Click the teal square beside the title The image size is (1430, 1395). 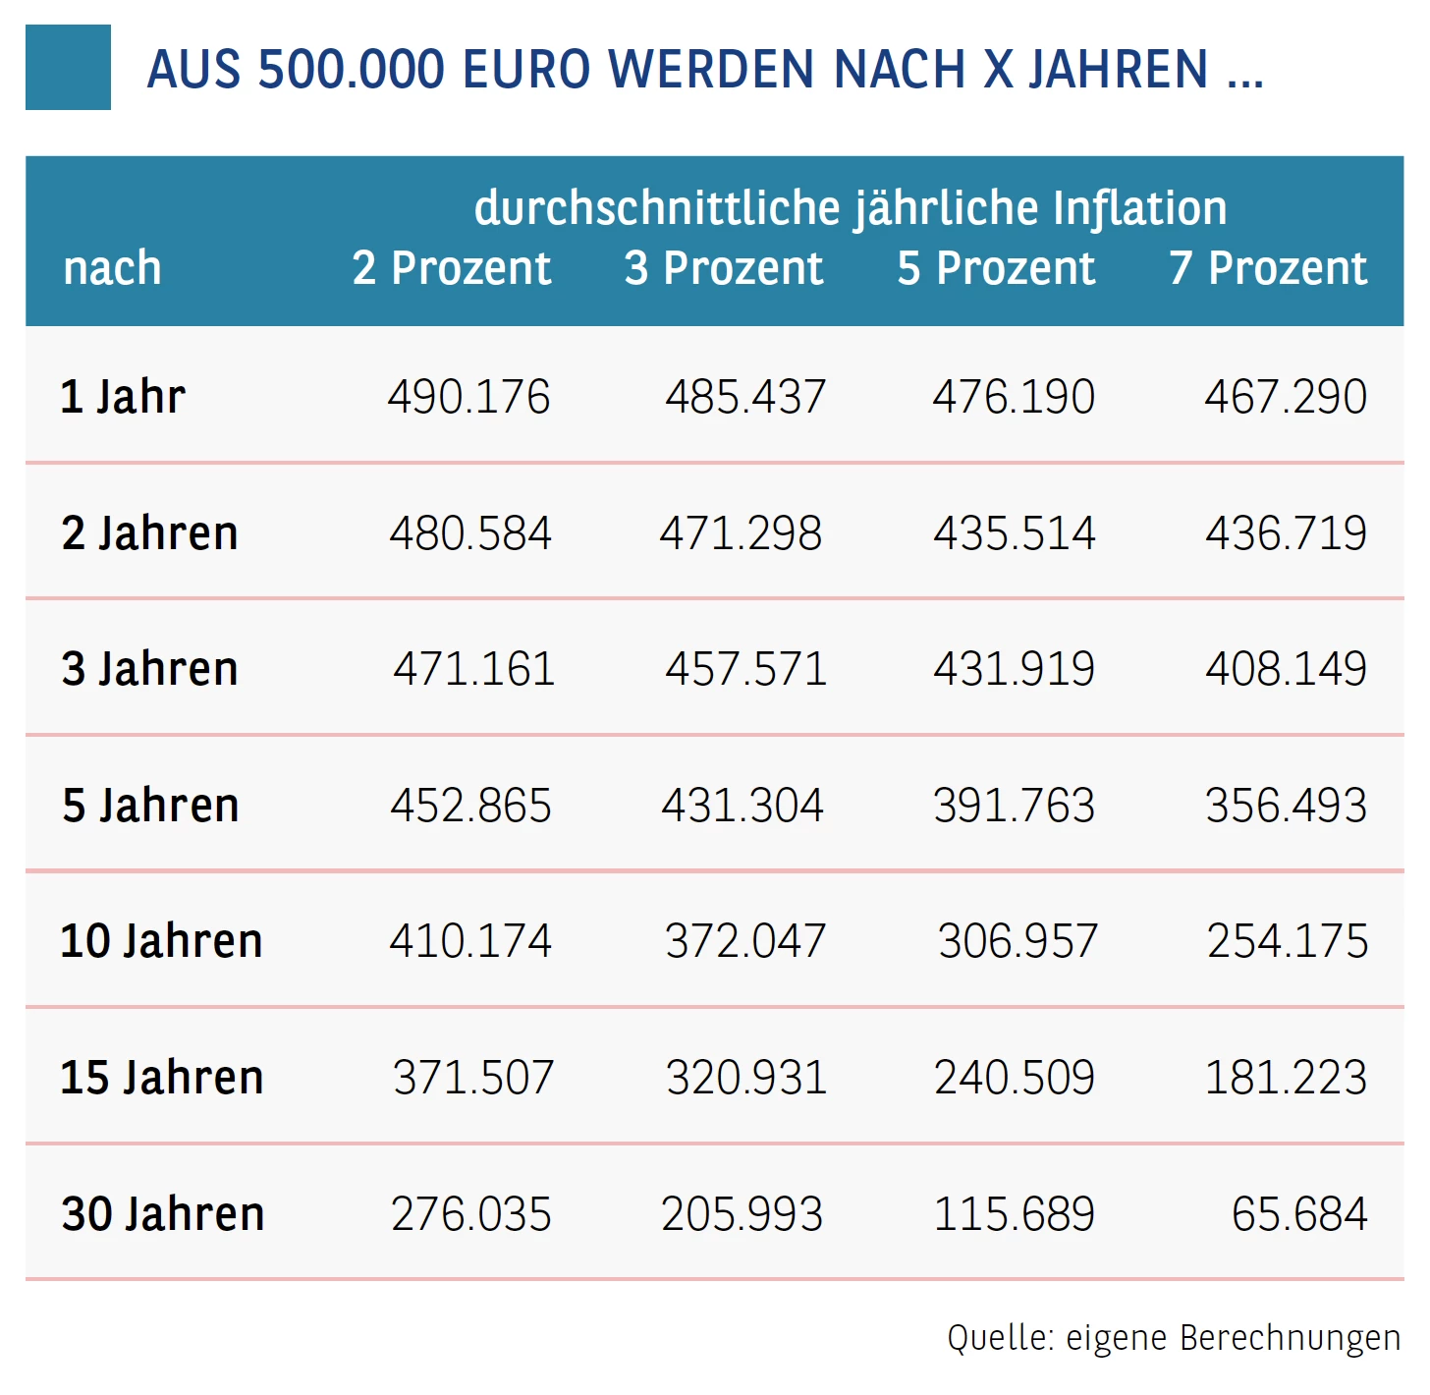[x=68, y=68]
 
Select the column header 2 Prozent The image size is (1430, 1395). [x=452, y=268]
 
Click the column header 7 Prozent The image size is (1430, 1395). [x=1268, y=268]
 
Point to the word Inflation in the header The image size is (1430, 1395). [x=1139, y=208]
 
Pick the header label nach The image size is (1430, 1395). [x=112, y=268]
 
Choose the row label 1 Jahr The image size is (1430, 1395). [x=123, y=397]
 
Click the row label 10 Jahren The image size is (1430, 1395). [x=162, y=941]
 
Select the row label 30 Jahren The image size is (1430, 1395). [x=163, y=1214]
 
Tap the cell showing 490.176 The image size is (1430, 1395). [x=468, y=397]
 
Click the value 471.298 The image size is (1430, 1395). [x=741, y=533]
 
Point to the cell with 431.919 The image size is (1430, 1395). [x=1014, y=669]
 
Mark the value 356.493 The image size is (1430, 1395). [x=1286, y=806]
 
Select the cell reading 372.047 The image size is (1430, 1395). [x=744, y=941]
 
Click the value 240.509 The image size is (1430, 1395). [x=1014, y=1078]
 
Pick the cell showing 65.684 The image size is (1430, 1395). [x=1299, y=1214]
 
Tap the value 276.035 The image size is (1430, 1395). [x=470, y=1214]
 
